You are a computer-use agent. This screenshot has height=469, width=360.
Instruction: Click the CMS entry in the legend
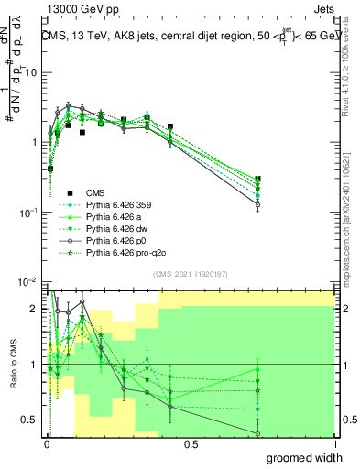coord(95,192)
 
